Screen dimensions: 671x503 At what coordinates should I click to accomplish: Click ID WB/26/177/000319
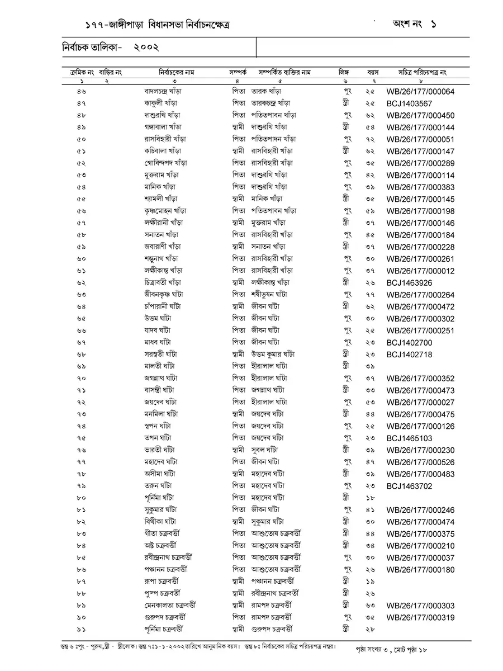tap(420, 618)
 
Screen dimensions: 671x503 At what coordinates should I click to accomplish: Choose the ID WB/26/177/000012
tap(420, 271)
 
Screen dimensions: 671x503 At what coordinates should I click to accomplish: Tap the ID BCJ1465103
tap(409, 438)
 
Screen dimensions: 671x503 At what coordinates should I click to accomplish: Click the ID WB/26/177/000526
tap(420, 462)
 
